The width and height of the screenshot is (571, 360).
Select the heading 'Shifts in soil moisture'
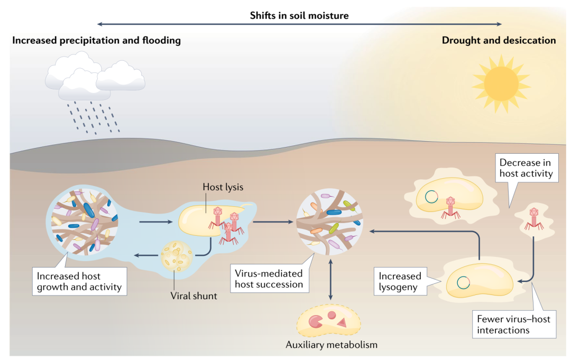[299, 15]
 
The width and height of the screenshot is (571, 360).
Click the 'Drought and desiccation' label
[499, 40]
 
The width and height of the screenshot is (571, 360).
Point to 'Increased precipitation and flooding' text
[97, 40]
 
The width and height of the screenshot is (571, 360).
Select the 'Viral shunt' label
[194, 296]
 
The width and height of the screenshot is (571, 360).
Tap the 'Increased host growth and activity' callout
[79, 282]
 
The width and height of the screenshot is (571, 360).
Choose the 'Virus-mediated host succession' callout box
[270, 279]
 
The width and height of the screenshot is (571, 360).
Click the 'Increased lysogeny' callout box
[400, 282]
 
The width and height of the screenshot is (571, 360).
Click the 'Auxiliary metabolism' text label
[331, 345]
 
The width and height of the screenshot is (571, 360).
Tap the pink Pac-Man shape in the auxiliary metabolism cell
[316, 320]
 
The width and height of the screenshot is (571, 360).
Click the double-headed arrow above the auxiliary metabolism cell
[330, 280]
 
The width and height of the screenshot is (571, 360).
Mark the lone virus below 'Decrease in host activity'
[533, 218]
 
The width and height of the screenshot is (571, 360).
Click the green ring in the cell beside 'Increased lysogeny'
[463, 282]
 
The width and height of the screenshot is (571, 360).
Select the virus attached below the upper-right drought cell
[449, 206]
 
